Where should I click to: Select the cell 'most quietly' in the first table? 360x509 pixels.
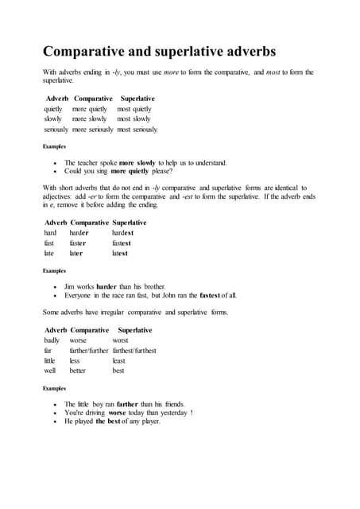coord(134,109)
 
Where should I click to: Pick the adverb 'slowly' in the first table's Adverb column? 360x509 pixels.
coord(53,119)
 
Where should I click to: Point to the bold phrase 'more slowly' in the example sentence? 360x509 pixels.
coord(137,162)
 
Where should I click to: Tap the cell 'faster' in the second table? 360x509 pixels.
coord(77,243)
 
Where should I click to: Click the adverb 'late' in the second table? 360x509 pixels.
coord(49,253)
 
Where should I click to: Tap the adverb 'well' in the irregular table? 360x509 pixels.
coord(50,370)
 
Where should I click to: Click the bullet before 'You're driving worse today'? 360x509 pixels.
coord(55,413)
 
